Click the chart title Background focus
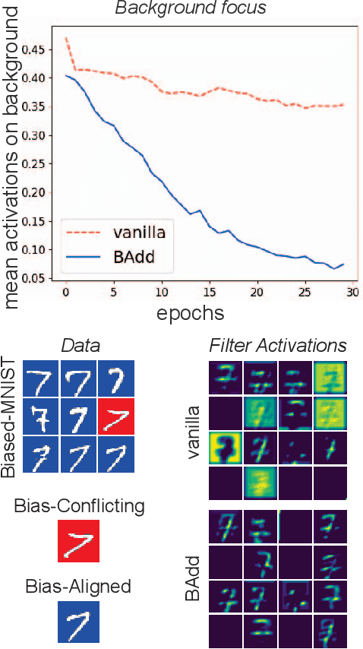[191, 8]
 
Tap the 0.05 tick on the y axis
[38, 278]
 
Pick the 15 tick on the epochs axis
[209, 293]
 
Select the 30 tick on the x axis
[354, 293]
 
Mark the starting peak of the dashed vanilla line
[67, 37]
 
